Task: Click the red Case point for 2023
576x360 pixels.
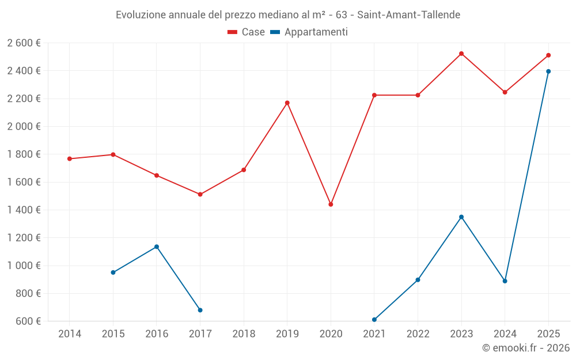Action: (461, 54)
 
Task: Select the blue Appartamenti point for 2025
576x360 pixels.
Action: (548, 71)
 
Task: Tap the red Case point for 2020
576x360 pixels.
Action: (331, 204)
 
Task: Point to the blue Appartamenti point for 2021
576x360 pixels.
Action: (374, 320)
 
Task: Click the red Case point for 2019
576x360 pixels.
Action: (287, 103)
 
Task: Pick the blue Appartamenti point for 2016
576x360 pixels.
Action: (157, 247)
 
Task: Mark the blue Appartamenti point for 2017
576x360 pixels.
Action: (200, 310)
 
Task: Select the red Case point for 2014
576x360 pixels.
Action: (70, 159)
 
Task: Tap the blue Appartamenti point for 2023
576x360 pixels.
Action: (461, 217)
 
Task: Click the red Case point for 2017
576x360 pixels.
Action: (200, 195)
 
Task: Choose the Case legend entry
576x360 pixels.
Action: (247, 32)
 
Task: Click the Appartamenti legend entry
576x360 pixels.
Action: (309, 32)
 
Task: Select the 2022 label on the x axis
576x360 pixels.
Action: (418, 334)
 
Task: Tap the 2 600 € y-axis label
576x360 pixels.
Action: (24, 43)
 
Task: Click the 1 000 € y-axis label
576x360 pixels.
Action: (24, 266)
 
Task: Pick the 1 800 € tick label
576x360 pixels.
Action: (24, 154)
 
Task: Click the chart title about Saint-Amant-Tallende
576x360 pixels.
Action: (288, 14)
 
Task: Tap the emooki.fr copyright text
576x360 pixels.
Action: (526, 348)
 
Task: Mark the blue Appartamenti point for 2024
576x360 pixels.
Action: (505, 281)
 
